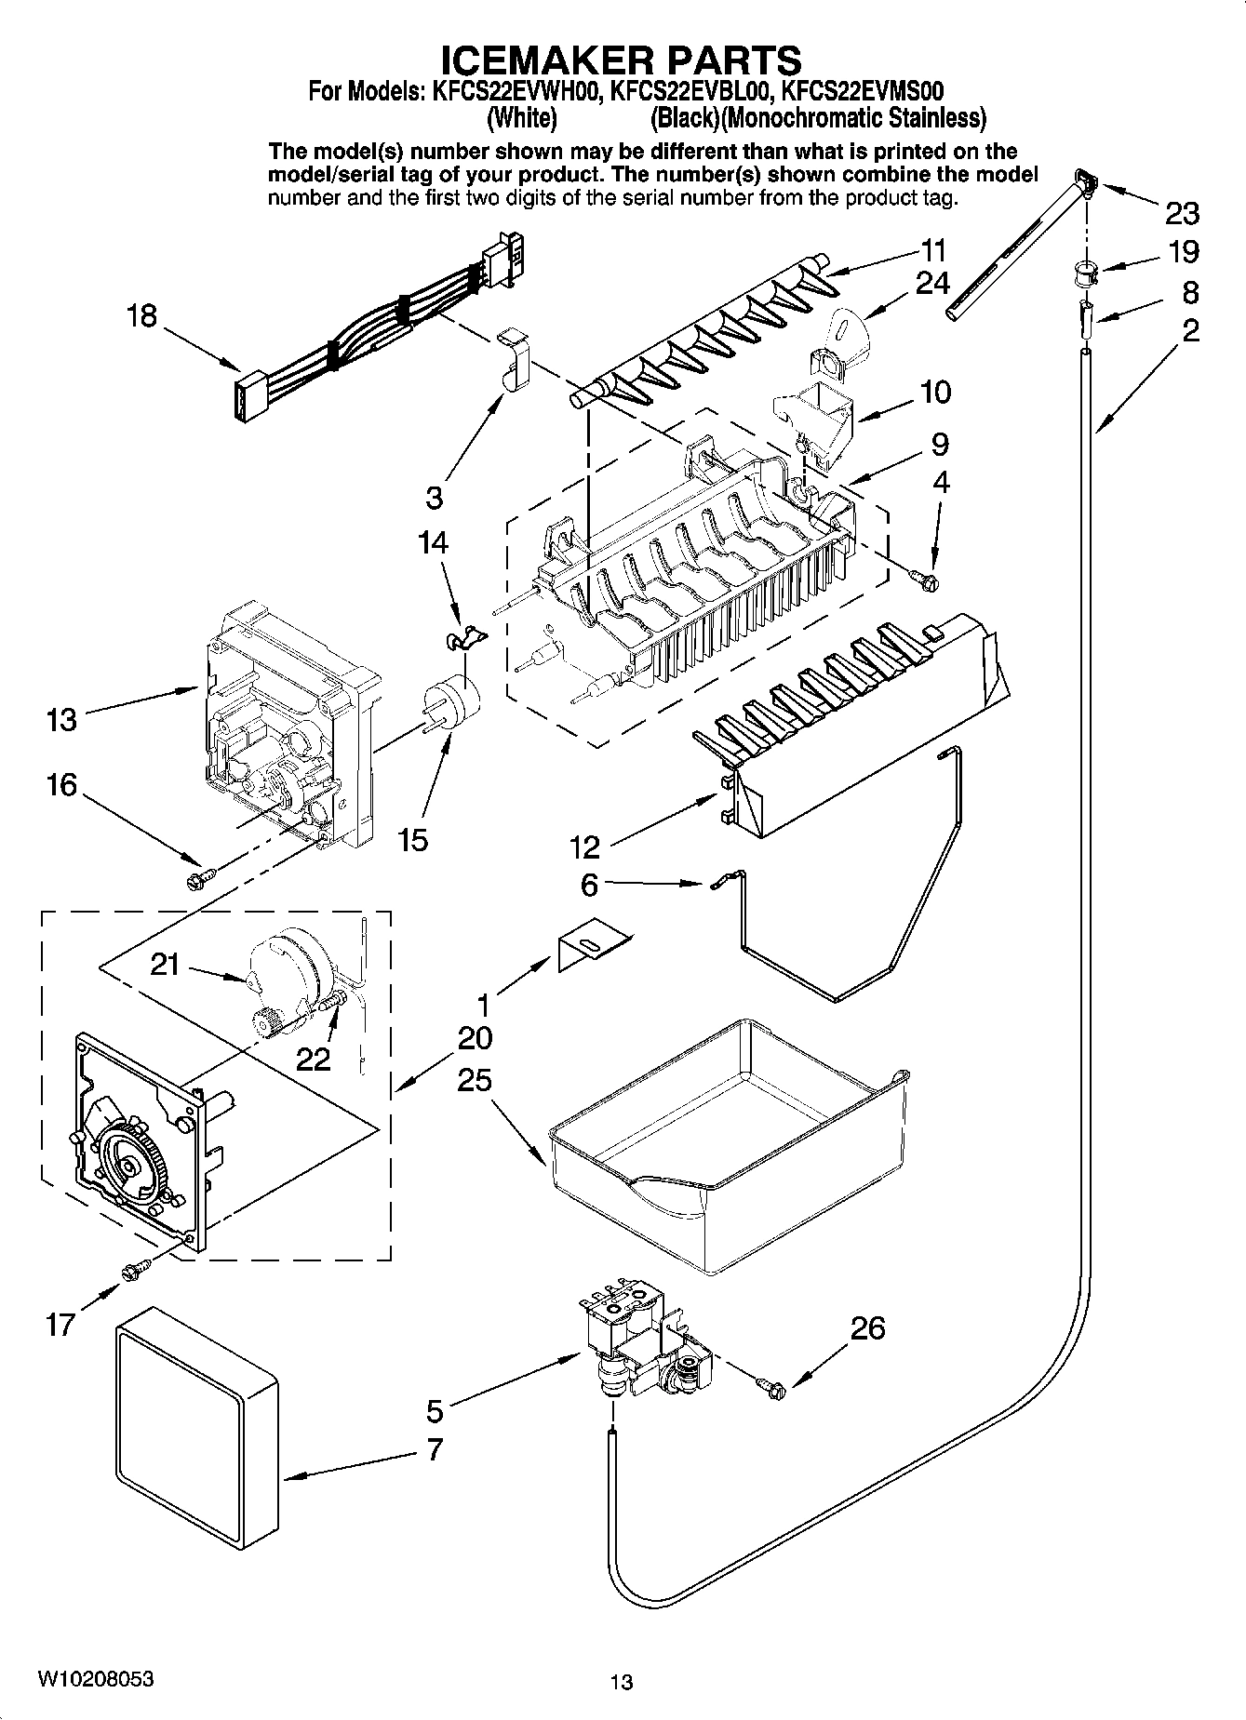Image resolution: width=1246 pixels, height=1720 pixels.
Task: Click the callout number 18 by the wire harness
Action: coord(141,316)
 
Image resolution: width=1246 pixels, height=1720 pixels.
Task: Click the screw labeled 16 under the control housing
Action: coord(201,875)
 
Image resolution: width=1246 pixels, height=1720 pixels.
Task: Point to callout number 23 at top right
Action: coord(1182,214)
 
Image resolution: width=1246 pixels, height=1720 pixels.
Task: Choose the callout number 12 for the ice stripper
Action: coord(585,847)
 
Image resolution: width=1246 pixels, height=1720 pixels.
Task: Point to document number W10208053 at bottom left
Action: coord(96,1679)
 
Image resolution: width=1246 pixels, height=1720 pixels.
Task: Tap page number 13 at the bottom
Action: coord(622,1681)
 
